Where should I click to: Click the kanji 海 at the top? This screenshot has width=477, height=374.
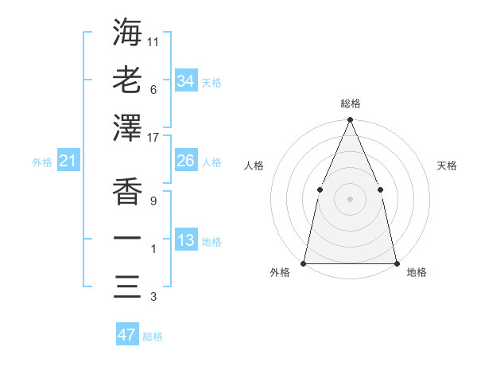pyautogui.click(x=127, y=32)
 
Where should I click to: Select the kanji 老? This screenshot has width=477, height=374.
pyautogui.click(x=127, y=80)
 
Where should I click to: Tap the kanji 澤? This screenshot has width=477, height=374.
pyautogui.click(x=127, y=127)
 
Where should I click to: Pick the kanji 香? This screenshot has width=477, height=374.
pyautogui.click(x=127, y=191)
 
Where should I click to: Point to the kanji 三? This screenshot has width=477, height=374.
pyautogui.click(x=127, y=286)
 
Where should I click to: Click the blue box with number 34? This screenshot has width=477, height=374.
pyautogui.click(x=185, y=80)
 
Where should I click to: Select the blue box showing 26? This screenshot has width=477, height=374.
pyautogui.click(x=185, y=161)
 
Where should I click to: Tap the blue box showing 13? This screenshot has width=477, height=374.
pyautogui.click(x=185, y=240)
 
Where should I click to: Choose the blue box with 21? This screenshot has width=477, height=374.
pyautogui.click(x=68, y=162)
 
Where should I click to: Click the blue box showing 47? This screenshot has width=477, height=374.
pyautogui.click(x=127, y=335)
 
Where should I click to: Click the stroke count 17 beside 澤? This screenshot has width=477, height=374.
pyautogui.click(x=153, y=138)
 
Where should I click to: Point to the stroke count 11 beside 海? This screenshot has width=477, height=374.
pyautogui.click(x=153, y=41)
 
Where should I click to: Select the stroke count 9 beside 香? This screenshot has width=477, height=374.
pyautogui.click(x=153, y=202)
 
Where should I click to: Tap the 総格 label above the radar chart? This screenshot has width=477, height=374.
pyautogui.click(x=351, y=103)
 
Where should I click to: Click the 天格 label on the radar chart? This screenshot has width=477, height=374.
pyautogui.click(x=447, y=166)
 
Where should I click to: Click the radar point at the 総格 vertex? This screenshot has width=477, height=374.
pyautogui.click(x=350, y=120)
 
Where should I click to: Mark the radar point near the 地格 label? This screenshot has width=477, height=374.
pyautogui.click(x=396, y=263)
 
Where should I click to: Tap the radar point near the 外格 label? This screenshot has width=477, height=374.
pyautogui.click(x=304, y=263)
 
